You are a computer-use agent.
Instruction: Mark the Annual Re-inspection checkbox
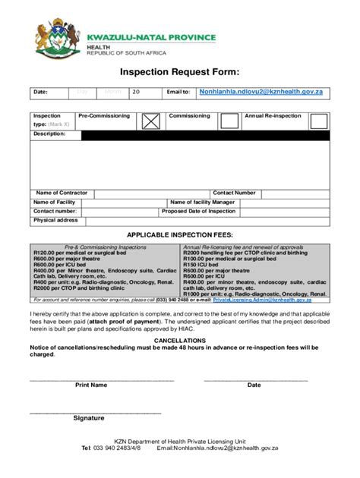318,121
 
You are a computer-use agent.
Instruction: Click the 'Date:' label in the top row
39,93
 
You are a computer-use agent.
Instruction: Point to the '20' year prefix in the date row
136,93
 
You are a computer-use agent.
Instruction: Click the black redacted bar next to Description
205,135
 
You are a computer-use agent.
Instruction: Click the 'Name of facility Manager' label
202,203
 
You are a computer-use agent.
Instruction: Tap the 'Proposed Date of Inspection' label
199,212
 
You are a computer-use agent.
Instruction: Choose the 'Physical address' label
55,221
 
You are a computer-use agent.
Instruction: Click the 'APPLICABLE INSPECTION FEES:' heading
179,235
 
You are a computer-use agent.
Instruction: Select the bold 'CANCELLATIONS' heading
179,341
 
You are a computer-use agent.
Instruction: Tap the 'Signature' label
89,418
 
